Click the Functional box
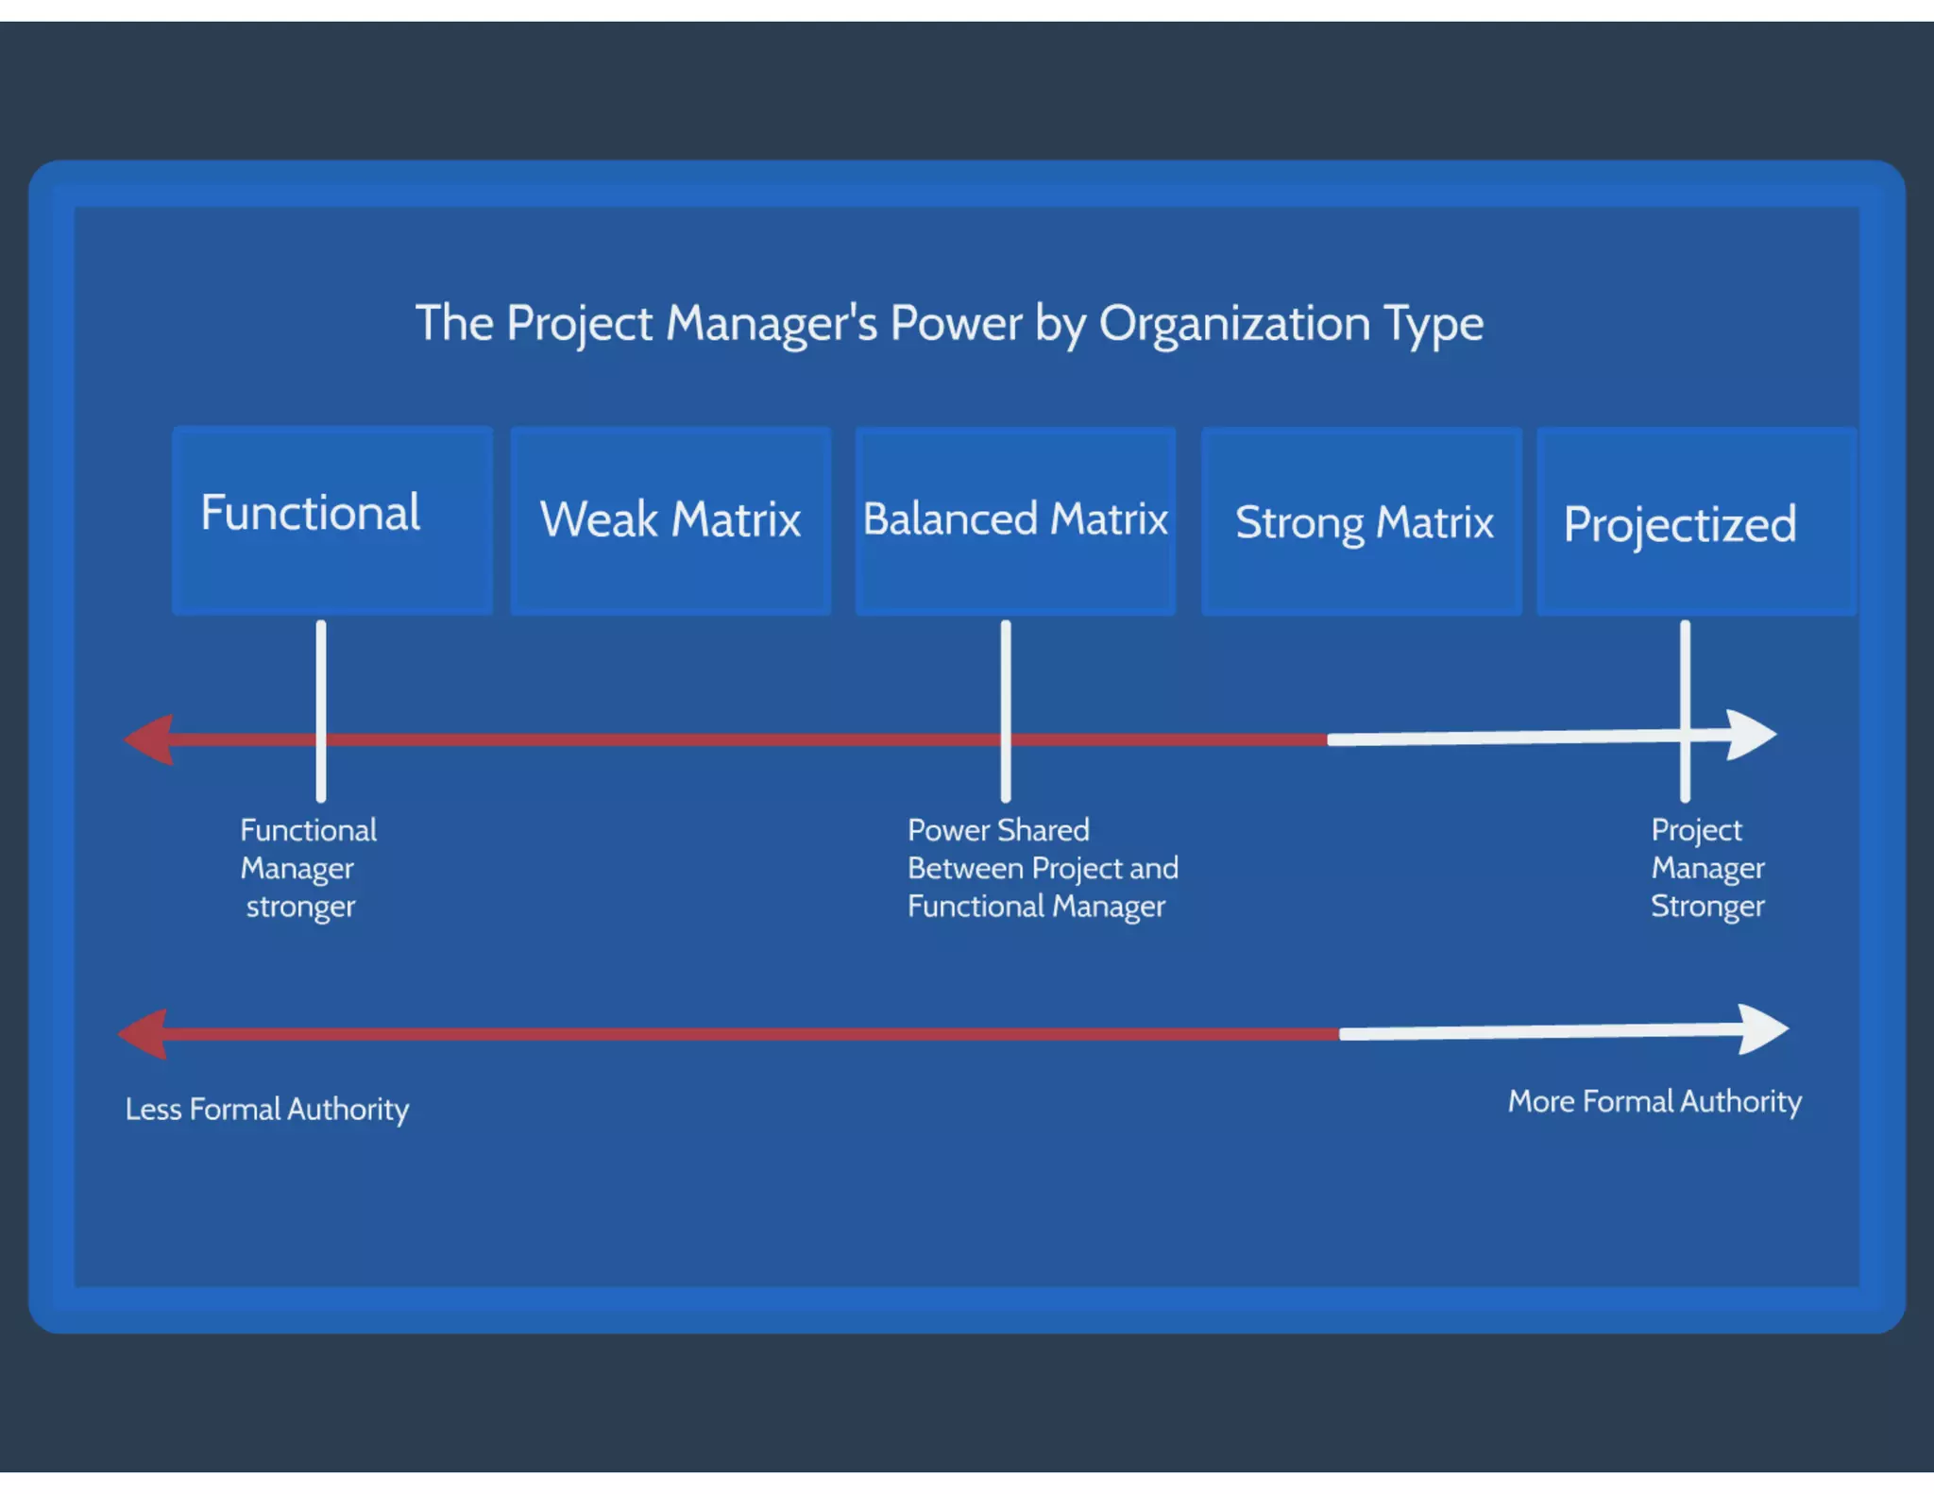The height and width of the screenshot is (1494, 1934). point(332,520)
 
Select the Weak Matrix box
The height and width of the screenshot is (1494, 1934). point(670,520)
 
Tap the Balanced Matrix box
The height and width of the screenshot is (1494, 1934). point(1015,520)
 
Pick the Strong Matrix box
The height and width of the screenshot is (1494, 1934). point(1361,521)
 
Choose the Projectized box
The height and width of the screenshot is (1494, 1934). point(1696,521)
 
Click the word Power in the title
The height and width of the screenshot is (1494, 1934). point(956,323)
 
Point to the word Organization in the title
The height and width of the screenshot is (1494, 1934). point(1234,324)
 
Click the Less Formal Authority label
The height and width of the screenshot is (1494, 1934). point(267,1109)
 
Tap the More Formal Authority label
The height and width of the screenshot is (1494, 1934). point(1654,1101)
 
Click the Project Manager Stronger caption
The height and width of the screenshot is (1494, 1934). point(1706,868)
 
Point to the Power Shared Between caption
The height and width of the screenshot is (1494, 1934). point(1043,868)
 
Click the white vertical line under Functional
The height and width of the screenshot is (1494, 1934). point(321,680)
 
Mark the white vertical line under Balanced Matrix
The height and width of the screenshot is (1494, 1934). point(1006,680)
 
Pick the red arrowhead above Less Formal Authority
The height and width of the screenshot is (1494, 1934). point(144,1034)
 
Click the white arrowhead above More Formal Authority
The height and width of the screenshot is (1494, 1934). point(1762,1029)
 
